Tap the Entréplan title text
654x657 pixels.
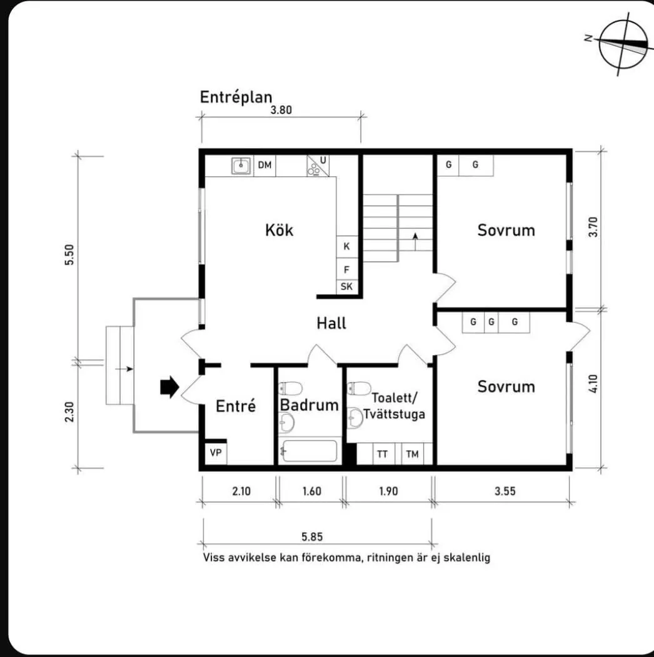(236, 97)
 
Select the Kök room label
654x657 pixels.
(279, 229)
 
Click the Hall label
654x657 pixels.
(331, 323)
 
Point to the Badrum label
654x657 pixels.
(309, 404)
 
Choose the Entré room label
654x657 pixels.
(236, 406)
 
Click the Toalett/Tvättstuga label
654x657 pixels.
(398, 405)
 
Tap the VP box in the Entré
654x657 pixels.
(216, 453)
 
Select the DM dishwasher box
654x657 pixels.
(265, 165)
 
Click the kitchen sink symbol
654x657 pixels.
(241, 166)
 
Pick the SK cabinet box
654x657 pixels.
(346, 287)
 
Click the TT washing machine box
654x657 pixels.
(382, 454)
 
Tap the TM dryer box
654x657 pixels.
(412, 454)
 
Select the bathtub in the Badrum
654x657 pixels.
(309, 451)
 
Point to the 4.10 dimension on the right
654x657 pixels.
(593, 383)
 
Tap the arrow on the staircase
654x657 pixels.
(415, 236)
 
